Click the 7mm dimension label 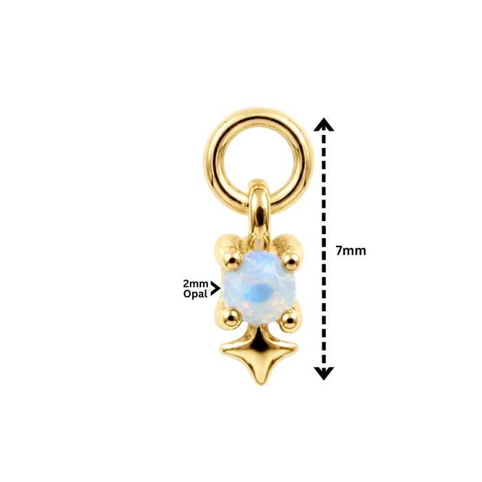click(x=350, y=251)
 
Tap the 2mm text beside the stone click(x=196, y=284)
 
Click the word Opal click(x=195, y=294)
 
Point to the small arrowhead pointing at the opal click(x=216, y=289)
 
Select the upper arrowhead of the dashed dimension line click(x=324, y=125)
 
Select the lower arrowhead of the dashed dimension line click(x=324, y=373)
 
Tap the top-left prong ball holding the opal click(x=232, y=261)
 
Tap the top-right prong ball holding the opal click(x=290, y=262)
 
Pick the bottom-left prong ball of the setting click(x=231, y=318)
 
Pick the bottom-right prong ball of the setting click(x=289, y=320)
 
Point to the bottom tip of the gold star click(x=260, y=384)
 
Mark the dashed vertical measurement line click(x=324, y=249)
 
